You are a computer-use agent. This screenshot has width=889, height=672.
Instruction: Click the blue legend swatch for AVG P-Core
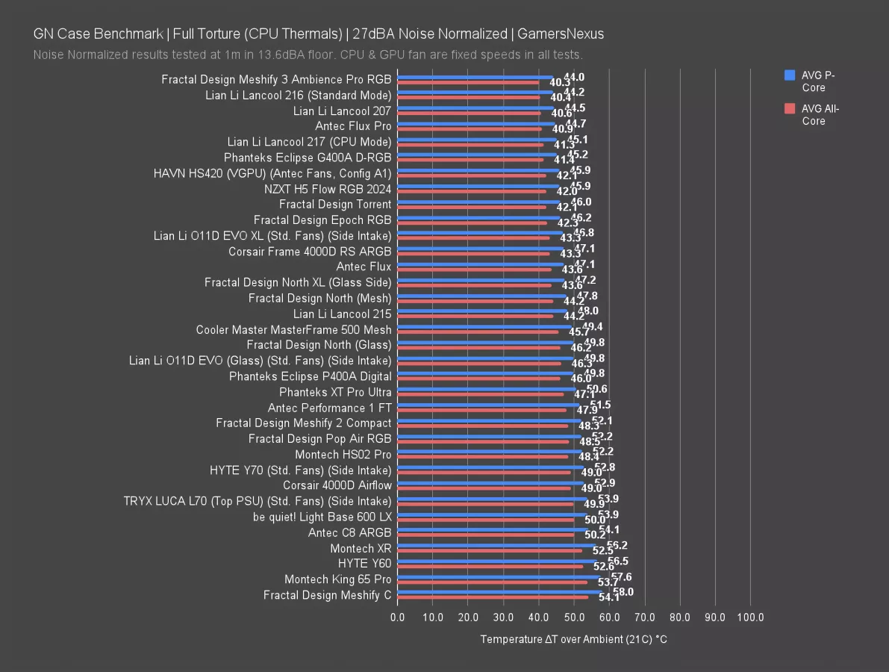tap(790, 75)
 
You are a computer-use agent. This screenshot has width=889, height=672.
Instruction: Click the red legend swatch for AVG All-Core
tap(790, 108)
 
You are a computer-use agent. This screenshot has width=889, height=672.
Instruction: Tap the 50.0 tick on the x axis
tap(574, 617)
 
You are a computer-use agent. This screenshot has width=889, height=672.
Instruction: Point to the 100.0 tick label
tap(750, 617)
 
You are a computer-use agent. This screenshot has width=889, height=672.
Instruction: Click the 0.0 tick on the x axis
tap(398, 617)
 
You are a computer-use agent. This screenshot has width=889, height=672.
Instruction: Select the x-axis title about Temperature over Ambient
tap(573, 640)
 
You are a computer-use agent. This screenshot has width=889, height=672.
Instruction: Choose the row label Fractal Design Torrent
tap(335, 205)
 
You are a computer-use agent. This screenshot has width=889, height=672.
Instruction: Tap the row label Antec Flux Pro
tap(353, 126)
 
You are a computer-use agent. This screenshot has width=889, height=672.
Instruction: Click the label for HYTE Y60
tap(364, 564)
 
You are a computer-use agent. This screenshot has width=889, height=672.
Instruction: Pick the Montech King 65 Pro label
tap(337, 579)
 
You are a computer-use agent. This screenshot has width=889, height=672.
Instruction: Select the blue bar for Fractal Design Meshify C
tap(499, 592)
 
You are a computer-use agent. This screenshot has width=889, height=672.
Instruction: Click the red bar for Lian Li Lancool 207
tap(469, 113)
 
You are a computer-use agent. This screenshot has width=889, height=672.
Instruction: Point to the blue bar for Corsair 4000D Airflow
tap(490, 483)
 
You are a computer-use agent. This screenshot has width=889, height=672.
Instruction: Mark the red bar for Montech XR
tap(490, 551)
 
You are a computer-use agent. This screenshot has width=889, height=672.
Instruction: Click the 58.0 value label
tap(622, 591)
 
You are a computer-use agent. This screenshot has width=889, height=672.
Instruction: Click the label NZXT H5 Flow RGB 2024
tap(328, 189)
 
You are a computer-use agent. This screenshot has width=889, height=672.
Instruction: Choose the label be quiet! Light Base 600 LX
tap(322, 517)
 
